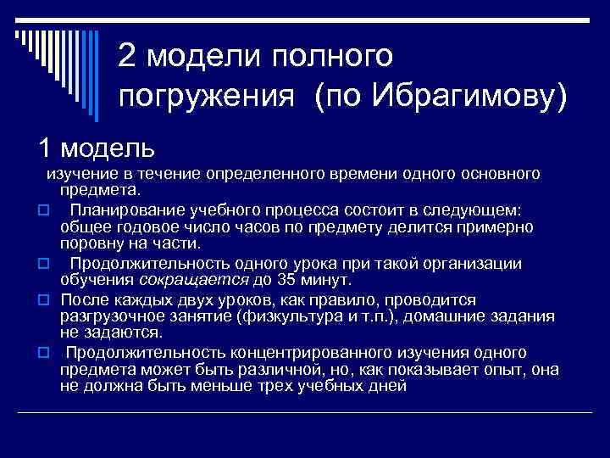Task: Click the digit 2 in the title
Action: [128, 56]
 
